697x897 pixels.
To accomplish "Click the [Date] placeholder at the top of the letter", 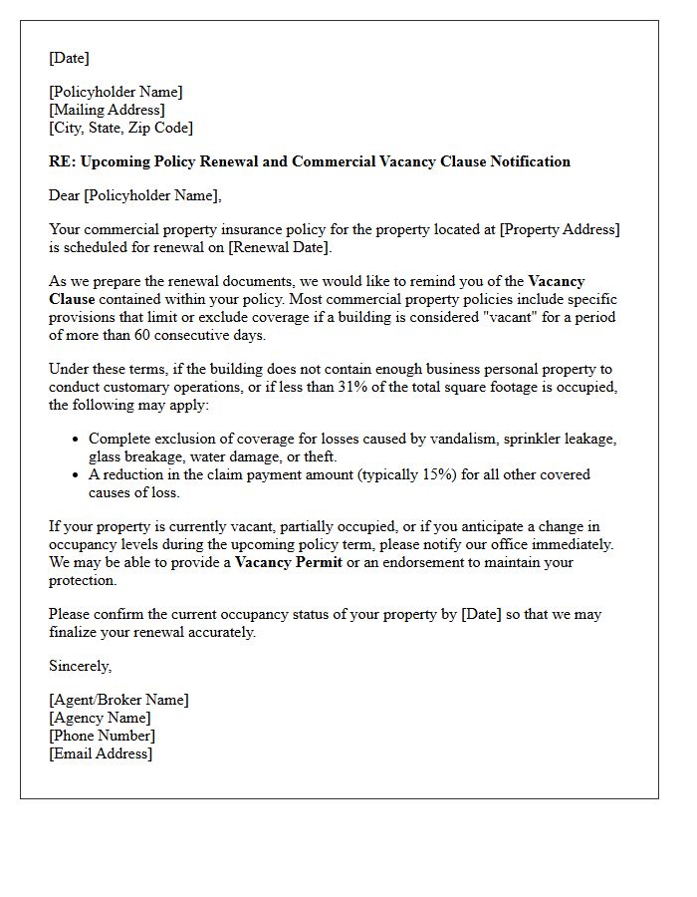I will (x=69, y=58).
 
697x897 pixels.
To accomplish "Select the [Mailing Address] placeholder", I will (x=107, y=110).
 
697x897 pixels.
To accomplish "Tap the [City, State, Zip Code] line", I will (x=120, y=128).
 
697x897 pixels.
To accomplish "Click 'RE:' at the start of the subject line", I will (x=62, y=161).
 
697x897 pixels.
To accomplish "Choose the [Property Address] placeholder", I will (x=559, y=229).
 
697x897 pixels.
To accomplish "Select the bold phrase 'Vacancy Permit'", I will (x=288, y=562).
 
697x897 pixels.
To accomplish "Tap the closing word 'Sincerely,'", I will (x=81, y=666).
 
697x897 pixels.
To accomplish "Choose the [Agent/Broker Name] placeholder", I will (x=118, y=700).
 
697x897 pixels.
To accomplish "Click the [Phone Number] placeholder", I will (x=102, y=736).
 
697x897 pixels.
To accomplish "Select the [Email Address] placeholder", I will (x=101, y=753).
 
